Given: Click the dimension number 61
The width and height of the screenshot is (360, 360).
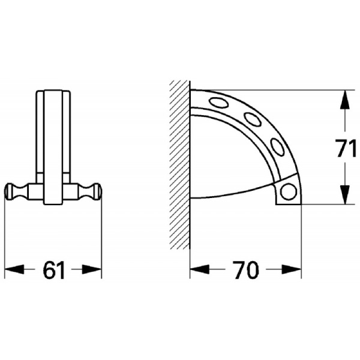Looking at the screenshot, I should pos(53,271).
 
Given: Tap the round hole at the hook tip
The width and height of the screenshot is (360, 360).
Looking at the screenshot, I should pos(289,192).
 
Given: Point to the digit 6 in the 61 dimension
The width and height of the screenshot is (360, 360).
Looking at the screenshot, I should pos(47,271).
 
